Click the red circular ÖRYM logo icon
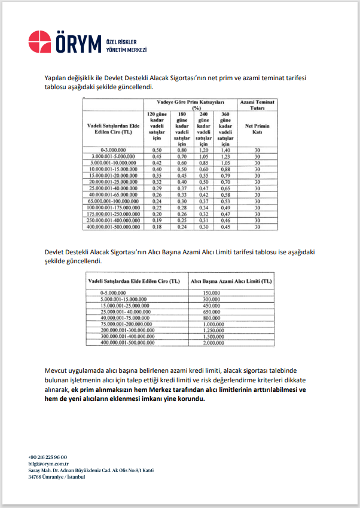point(40,42)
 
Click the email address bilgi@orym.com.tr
point(48,464)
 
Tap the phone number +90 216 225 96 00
point(48,457)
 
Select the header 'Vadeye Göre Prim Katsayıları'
point(190,102)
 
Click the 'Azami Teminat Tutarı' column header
point(257,105)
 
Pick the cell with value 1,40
point(225,150)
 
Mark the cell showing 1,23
point(225,156)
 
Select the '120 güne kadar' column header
point(157,128)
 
